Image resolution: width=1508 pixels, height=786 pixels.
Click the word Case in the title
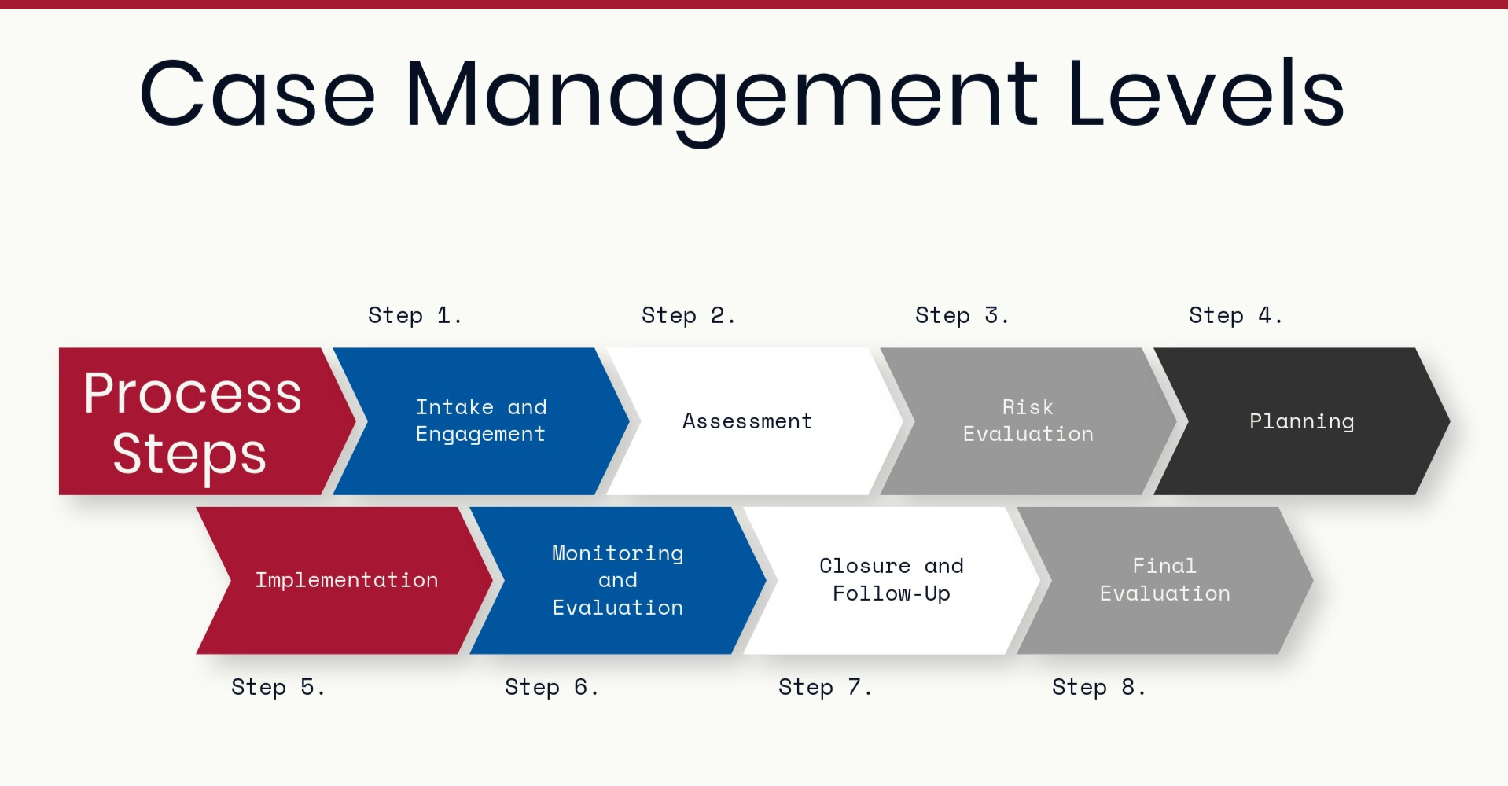click(x=258, y=93)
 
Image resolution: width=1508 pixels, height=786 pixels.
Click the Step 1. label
click(x=414, y=315)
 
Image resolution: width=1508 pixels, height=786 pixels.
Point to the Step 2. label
click(x=688, y=315)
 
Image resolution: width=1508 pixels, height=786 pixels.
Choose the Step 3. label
click(x=962, y=315)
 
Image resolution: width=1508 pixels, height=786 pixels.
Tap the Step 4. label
click(x=1235, y=315)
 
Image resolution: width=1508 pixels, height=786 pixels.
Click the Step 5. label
click(x=278, y=687)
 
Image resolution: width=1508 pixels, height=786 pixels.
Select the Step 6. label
click(x=551, y=687)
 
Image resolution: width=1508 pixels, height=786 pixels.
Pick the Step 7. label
click(x=825, y=687)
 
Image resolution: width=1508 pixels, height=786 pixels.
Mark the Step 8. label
click(x=1098, y=687)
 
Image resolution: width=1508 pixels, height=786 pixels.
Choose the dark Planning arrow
click(x=1302, y=421)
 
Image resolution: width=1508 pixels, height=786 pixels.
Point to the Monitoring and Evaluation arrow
click(x=618, y=580)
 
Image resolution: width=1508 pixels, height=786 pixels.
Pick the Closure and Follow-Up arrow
click(x=892, y=580)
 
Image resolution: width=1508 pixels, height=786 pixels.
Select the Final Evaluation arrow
click(x=1165, y=580)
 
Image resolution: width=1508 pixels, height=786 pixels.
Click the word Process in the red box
click(x=193, y=393)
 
